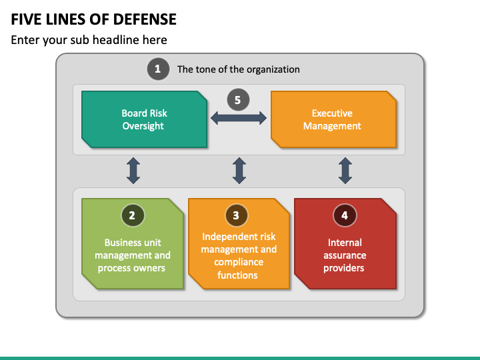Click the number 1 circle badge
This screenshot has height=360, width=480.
[x=158, y=69]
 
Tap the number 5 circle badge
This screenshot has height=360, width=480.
[x=238, y=100]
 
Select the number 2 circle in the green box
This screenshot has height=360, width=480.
[x=133, y=215]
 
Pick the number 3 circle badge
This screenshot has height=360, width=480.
[x=236, y=215]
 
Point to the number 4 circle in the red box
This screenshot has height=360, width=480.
[x=345, y=215]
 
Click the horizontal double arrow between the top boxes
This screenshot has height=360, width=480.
[x=239, y=118]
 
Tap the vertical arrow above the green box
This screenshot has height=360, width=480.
[x=133, y=171]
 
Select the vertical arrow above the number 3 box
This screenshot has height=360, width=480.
[x=239, y=171]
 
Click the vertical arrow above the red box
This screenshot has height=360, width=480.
[x=345, y=171]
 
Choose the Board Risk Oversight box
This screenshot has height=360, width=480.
[x=144, y=119]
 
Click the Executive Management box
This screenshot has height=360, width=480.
[x=334, y=119]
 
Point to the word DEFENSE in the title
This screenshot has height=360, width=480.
[x=145, y=19]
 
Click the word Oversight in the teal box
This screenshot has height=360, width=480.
[x=143, y=126]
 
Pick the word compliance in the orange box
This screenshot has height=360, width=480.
[x=239, y=262]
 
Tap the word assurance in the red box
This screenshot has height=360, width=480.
[x=345, y=255]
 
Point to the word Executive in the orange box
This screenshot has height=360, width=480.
[x=332, y=113]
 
